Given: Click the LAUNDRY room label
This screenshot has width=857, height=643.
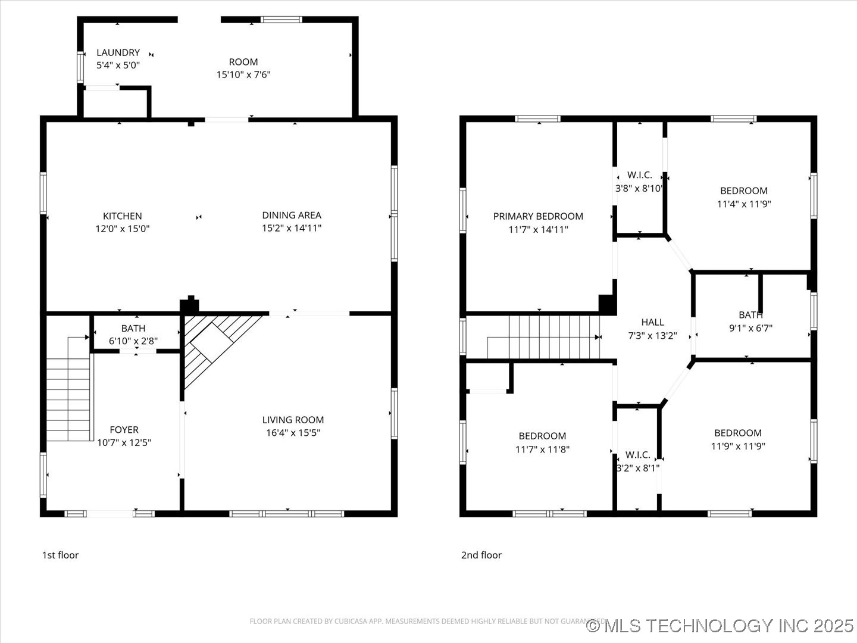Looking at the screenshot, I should tap(118, 52).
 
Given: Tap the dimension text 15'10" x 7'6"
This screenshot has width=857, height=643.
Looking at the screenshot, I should tap(243, 74).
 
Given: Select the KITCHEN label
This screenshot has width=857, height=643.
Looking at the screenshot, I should tap(123, 216).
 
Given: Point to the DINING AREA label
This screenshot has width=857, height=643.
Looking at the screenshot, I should tap(292, 215).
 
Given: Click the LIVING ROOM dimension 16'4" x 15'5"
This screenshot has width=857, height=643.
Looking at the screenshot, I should tap(293, 433).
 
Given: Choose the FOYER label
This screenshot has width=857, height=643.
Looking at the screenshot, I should tap(124, 429).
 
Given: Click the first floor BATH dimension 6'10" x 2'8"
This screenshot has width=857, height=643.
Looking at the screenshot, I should tap(133, 341).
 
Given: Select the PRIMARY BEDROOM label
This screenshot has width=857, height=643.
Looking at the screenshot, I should tap(538, 216).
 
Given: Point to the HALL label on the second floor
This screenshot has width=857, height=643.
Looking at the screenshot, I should tap(652, 322).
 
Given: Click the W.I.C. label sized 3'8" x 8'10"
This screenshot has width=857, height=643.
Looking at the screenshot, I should tap(639, 175).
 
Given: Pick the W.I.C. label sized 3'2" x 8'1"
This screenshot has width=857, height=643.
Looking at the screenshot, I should tap(637, 455).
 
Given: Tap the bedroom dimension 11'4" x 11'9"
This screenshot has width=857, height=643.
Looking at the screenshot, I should tap(744, 204).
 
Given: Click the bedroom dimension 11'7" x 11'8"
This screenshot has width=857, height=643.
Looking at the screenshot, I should tap(542, 449).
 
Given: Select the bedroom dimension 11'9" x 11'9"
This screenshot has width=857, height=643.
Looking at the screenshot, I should tap(738, 446).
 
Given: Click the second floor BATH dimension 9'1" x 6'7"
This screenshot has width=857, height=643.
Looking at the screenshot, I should tap(750, 327).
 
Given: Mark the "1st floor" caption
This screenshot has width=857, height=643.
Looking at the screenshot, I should tap(60, 555).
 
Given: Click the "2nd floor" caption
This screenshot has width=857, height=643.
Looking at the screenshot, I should tap(481, 555).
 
